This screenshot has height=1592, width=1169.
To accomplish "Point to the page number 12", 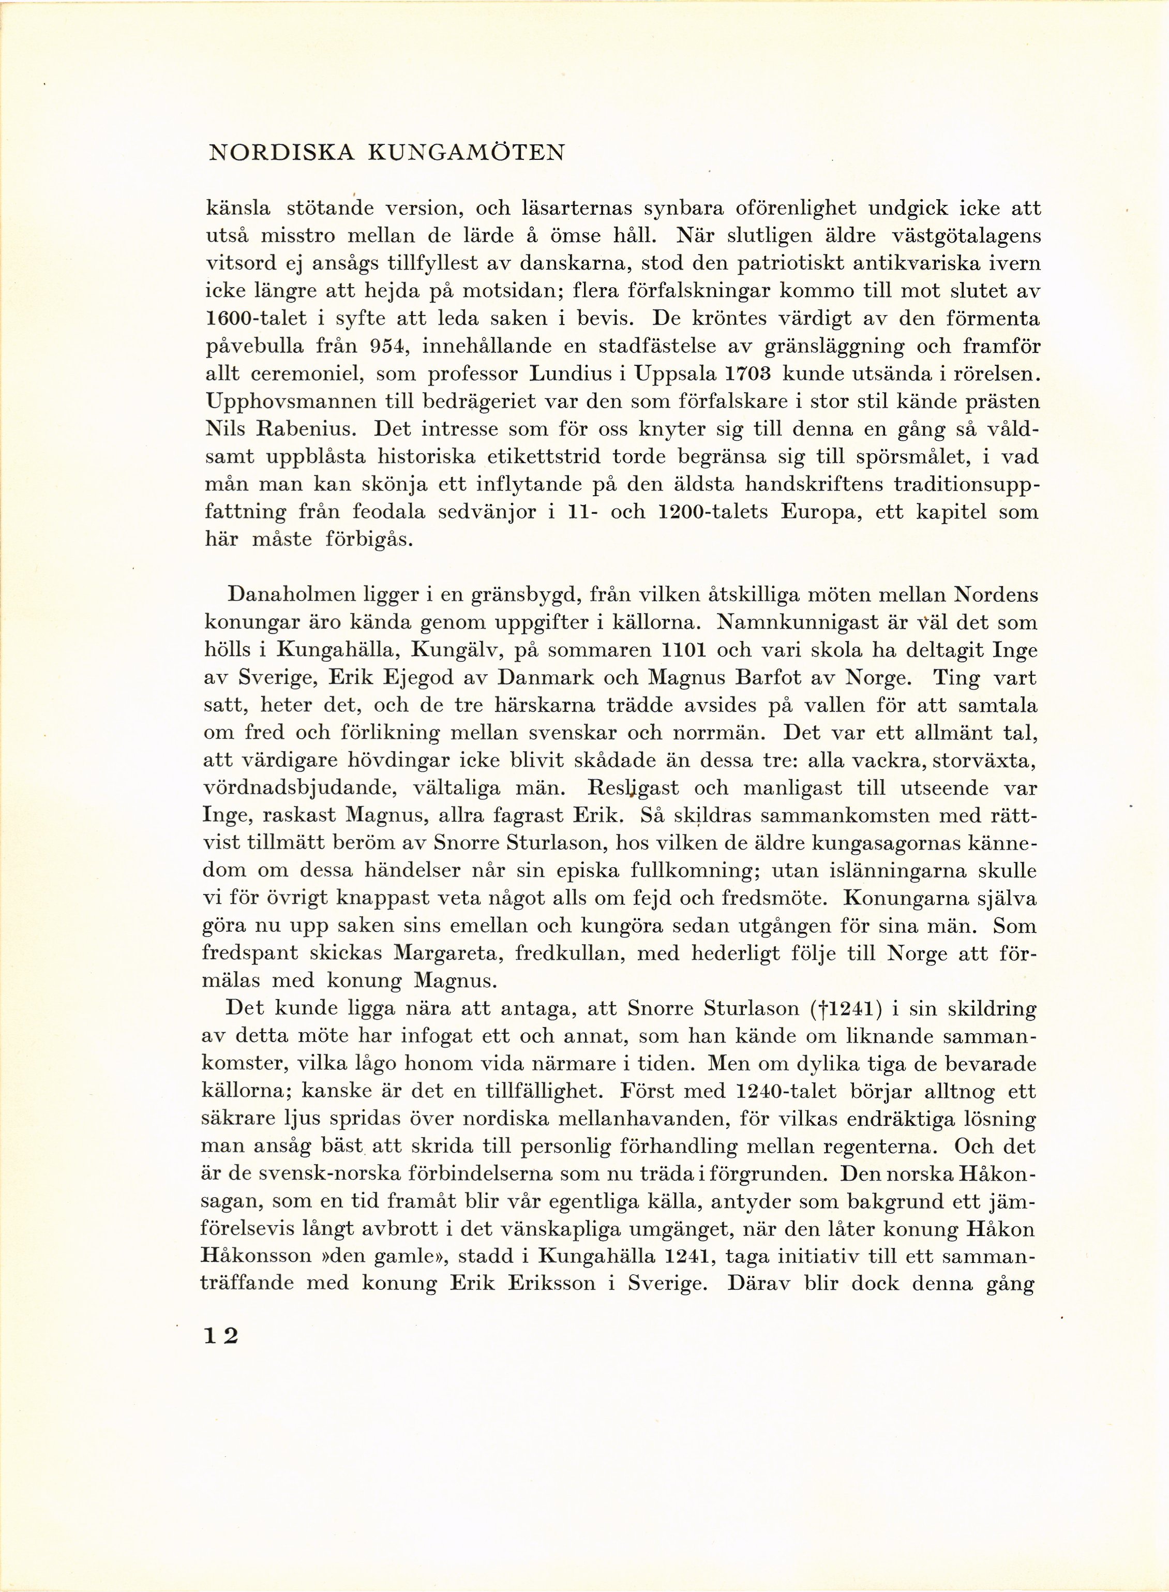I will coord(221,1336).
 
